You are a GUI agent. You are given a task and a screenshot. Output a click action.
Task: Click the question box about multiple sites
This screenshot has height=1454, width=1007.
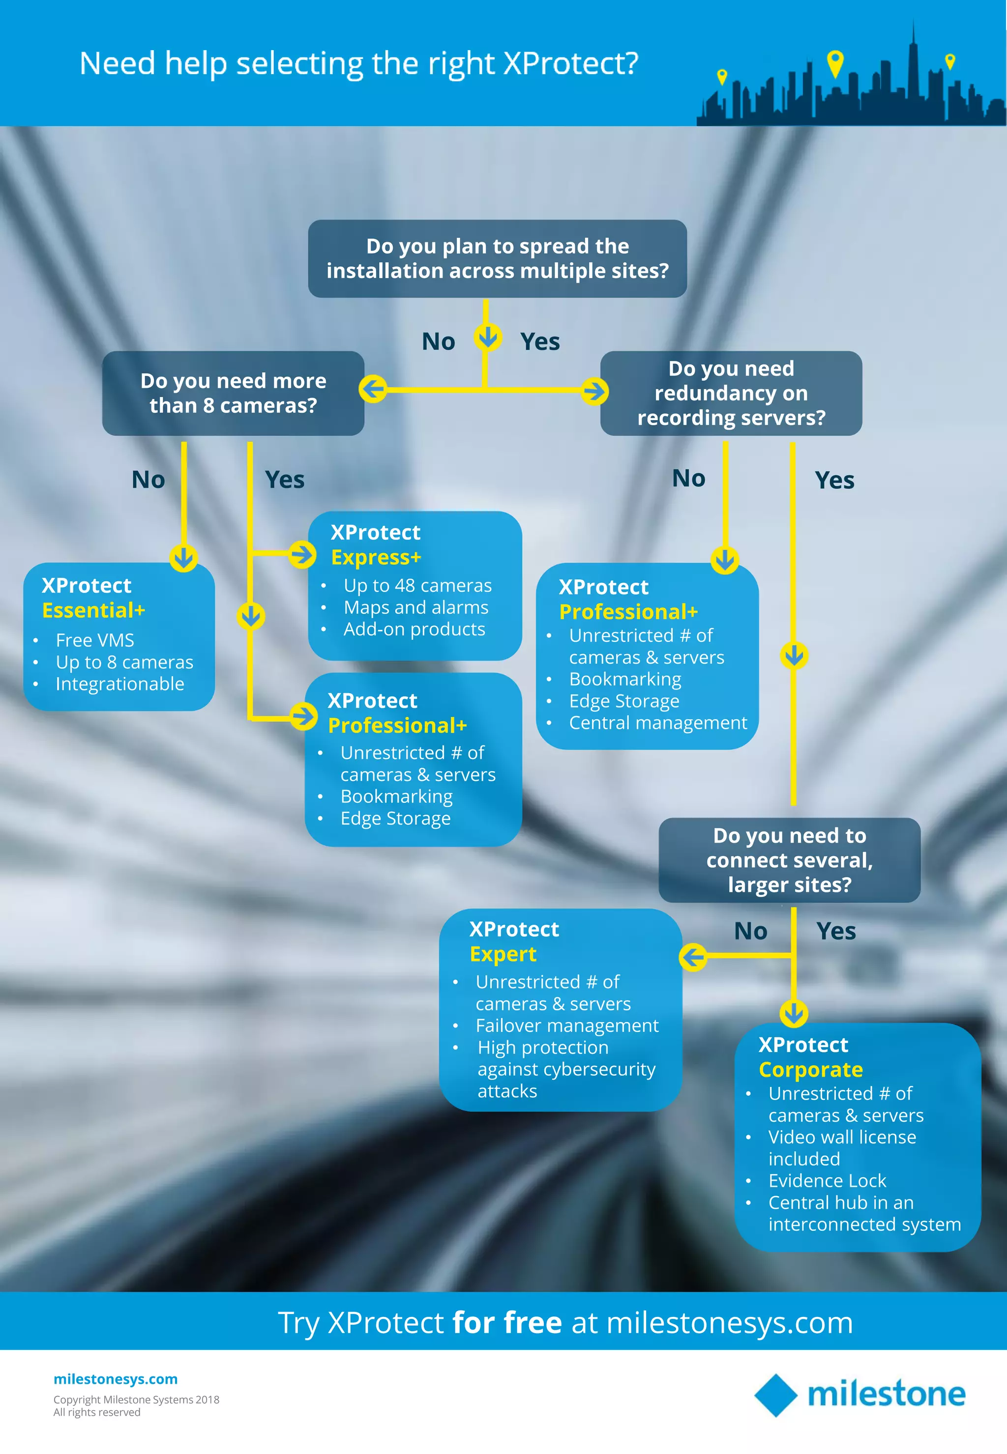497,258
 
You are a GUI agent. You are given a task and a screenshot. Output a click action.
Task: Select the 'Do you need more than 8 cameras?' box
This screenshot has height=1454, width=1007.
233,393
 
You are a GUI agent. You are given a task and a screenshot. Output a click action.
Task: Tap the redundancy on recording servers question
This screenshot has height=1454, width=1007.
731,393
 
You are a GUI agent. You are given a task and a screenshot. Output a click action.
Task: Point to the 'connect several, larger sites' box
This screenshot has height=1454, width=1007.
789,860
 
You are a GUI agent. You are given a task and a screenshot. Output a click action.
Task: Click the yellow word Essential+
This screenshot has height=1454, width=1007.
93,610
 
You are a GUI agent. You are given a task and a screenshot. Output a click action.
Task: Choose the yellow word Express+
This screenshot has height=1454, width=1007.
376,557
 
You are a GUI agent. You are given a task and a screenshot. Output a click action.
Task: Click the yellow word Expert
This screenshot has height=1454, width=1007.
503,954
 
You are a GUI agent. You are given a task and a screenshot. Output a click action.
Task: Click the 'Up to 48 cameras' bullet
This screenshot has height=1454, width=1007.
417,586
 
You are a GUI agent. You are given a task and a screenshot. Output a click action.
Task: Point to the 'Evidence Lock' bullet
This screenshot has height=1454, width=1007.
827,1180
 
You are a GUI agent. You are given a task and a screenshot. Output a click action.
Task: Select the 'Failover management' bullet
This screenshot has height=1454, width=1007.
566,1025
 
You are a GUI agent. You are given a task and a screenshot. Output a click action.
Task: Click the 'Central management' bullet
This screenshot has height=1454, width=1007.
657,723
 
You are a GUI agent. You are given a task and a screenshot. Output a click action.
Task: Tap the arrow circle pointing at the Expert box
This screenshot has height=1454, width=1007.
693,957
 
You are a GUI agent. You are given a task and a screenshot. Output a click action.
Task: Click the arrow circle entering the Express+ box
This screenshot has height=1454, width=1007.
302,555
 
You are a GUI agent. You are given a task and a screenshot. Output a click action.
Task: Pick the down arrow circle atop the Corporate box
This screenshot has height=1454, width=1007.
794,1013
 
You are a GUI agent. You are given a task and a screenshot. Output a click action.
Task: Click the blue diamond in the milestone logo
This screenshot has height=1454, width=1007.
776,1395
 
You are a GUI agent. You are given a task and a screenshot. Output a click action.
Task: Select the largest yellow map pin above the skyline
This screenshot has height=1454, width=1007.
835,62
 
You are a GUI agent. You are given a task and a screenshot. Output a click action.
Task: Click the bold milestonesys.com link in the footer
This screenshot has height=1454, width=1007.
116,1379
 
